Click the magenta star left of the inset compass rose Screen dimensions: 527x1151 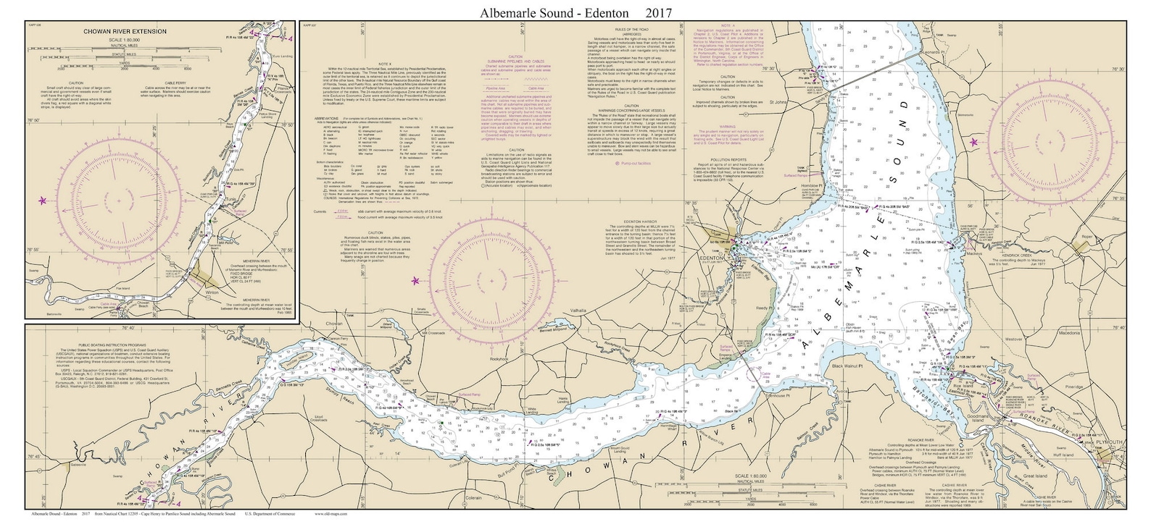pyautogui.click(x=43, y=201)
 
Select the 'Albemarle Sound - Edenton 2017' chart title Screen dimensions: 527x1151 pyautogui.click(x=575, y=12)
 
